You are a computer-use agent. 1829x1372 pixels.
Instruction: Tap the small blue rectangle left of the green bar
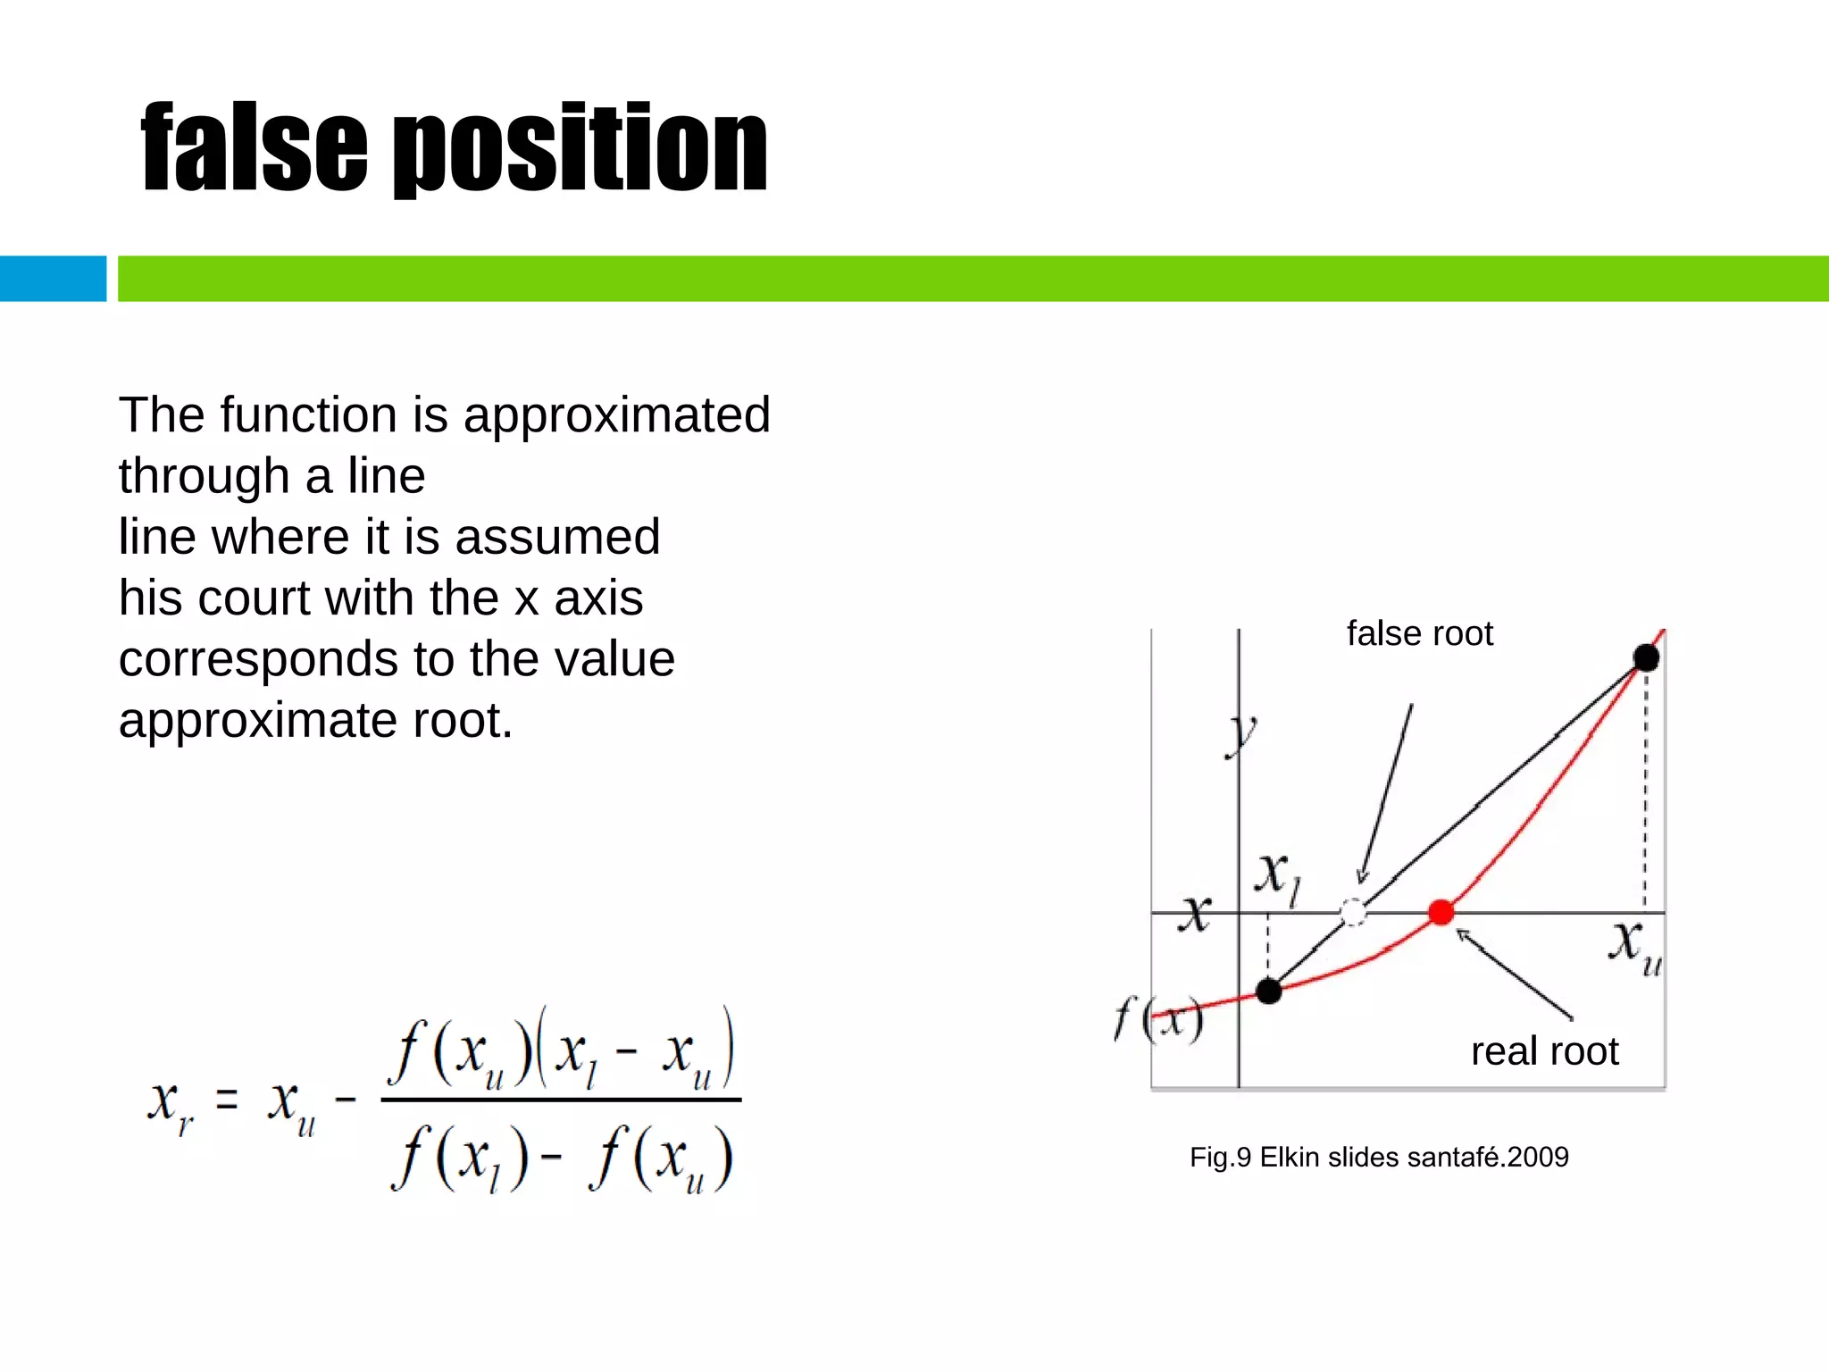tap(53, 279)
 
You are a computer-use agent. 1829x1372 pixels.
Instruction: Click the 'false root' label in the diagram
tap(1419, 634)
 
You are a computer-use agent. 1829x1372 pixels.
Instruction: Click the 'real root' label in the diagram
tap(1544, 1051)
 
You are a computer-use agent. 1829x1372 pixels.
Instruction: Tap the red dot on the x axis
tap(1441, 912)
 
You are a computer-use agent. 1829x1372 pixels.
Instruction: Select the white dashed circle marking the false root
tap(1353, 912)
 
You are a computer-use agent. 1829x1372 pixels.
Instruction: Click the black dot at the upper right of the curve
tap(1646, 658)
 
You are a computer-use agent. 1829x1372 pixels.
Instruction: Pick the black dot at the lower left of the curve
tap(1268, 991)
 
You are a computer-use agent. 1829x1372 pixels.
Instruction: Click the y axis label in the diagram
tap(1241, 735)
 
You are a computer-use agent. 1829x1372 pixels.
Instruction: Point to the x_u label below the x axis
tap(1635, 948)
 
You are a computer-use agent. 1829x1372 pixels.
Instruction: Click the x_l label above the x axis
tap(1278, 877)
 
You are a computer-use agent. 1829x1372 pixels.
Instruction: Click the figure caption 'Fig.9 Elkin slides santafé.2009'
tap(1379, 1158)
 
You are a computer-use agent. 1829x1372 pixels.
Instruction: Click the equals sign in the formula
tap(228, 1100)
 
